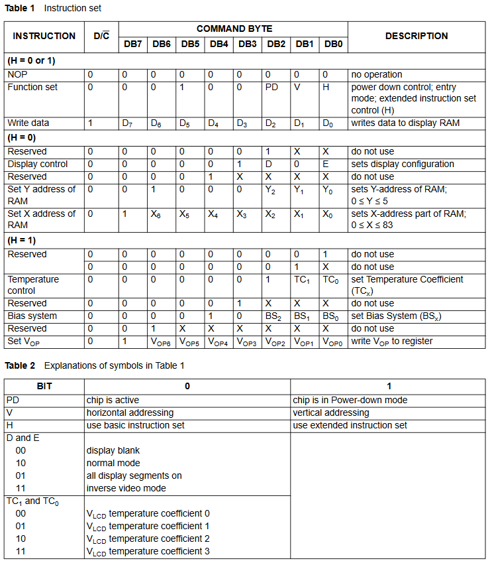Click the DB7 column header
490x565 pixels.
tap(132, 44)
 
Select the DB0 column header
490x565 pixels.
tap(333, 44)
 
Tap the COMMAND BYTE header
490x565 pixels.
tap(234, 29)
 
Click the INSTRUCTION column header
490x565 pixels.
tap(44, 36)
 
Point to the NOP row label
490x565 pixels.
tap(17, 75)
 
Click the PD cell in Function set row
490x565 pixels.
tap(271, 88)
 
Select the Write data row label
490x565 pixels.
tap(28, 123)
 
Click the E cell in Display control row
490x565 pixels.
tap(325, 164)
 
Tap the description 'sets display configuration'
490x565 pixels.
tap(403, 164)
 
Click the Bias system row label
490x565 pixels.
tap(32, 316)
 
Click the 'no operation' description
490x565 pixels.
tap(377, 75)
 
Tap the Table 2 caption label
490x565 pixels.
tap(20, 365)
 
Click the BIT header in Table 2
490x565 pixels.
tap(44, 386)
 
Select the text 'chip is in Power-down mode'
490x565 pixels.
tap(350, 400)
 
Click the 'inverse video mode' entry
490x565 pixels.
tap(126, 488)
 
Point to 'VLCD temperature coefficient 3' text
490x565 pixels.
tap(148, 551)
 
